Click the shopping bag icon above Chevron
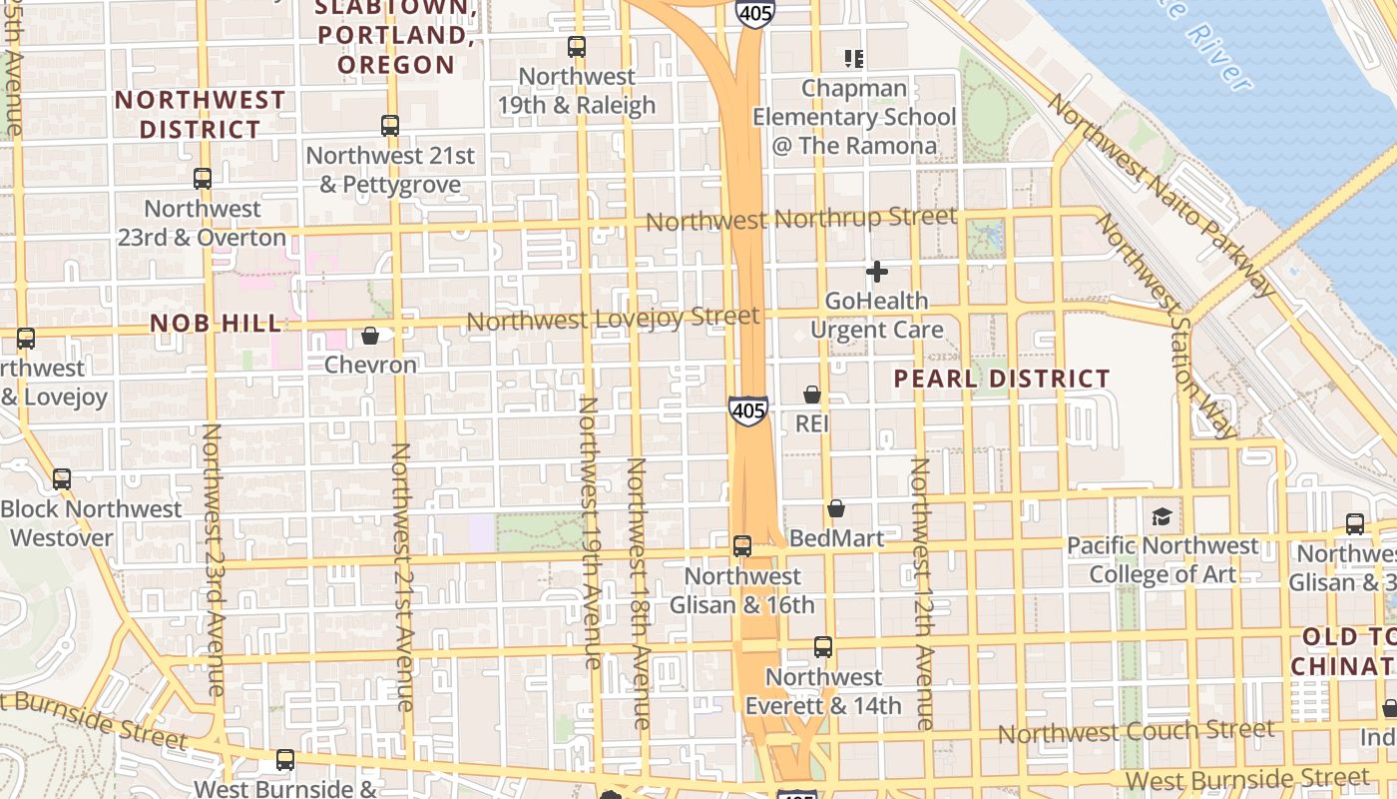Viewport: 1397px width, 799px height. click(370, 336)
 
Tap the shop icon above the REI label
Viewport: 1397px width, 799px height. click(812, 395)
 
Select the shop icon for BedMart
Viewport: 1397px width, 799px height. click(836, 509)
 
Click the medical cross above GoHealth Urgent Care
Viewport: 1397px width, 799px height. click(877, 271)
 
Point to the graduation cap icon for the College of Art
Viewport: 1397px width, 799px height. click(1162, 516)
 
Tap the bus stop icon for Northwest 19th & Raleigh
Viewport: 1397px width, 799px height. click(577, 46)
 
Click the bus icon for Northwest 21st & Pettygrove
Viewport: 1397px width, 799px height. click(390, 126)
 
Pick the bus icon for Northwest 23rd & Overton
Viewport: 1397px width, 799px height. click(203, 179)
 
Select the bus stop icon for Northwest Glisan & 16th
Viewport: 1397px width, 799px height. click(742, 546)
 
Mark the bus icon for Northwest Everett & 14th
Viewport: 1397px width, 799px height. click(823, 647)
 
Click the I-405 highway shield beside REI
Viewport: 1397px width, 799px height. click(748, 409)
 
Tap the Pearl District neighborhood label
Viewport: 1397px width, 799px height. click(1001, 380)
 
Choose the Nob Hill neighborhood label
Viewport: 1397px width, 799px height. click(216, 323)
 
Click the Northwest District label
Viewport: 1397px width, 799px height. click(201, 115)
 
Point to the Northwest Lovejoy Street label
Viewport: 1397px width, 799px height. click(613, 320)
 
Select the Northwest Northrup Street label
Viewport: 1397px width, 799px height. click(801, 218)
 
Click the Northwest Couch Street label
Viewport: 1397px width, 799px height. click(1136, 731)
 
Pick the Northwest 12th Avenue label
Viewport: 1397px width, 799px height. click(922, 593)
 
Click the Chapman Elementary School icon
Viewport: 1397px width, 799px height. click(853, 59)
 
